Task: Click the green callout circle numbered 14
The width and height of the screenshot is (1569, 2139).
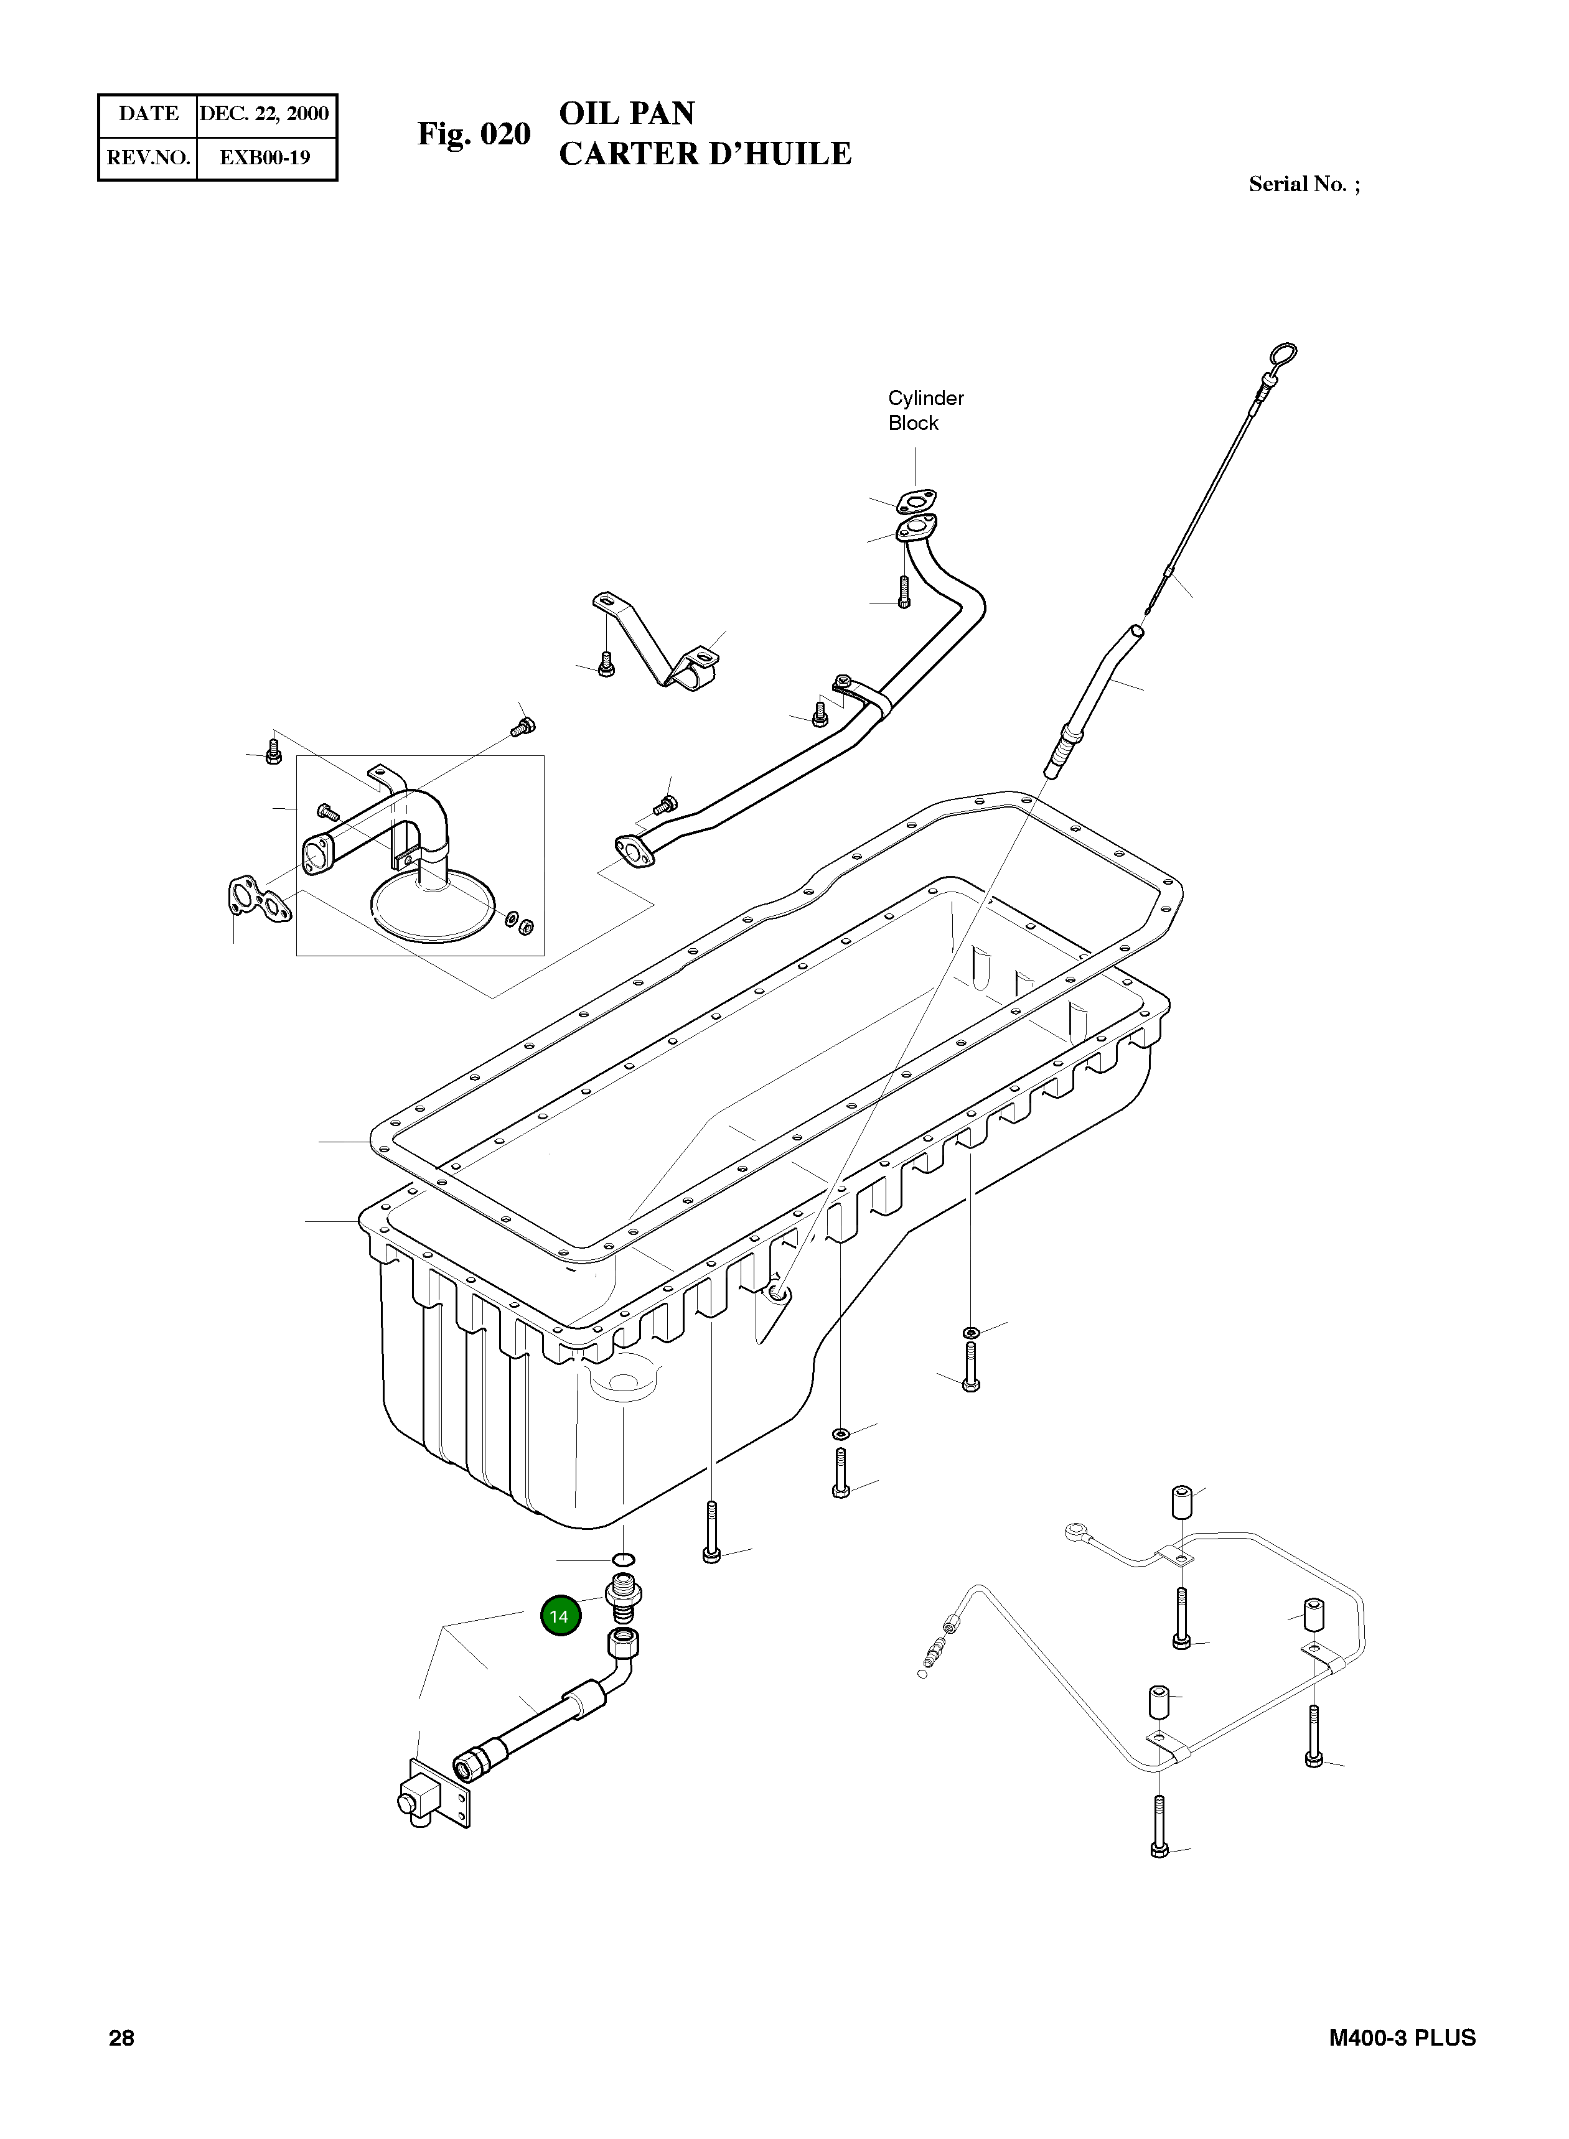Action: [560, 1616]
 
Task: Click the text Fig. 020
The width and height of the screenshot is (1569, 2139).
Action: [474, 134]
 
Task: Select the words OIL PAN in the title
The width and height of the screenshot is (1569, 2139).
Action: [627, 113]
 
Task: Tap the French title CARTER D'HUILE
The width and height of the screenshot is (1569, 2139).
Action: [705, 154]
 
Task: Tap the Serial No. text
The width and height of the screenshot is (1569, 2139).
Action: [1303, 184]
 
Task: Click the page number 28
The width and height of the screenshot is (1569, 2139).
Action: [121, 2038]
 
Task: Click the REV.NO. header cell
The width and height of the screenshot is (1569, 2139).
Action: [148, 157]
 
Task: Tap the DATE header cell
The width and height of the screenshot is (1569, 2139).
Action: [148, 114]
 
